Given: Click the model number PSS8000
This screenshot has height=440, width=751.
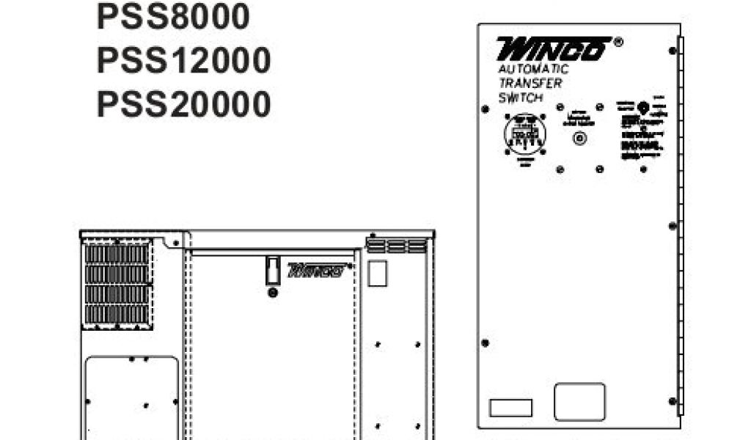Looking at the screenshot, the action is click(x=173, y=18).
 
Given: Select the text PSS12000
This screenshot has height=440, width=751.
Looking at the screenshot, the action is click(x=183, y=61).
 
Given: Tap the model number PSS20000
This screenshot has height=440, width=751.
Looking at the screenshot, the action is click(x=183, y=104).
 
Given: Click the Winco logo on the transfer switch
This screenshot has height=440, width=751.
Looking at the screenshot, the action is click(x=553, y=49).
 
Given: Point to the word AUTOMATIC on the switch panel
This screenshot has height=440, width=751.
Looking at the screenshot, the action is click(x=533, y=70).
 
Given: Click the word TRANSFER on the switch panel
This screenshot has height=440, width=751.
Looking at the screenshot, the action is click(x=530, y=83).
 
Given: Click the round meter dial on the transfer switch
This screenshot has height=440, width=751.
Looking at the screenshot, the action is click(x=526, y=133).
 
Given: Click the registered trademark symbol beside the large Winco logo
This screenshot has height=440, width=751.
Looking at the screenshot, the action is click(x=618, y=43).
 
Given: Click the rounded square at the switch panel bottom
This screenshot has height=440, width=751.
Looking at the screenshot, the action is click(x=579, y=402).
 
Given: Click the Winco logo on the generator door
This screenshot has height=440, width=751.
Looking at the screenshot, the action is click(x=316, y=270).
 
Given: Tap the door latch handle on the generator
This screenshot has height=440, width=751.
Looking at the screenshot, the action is click(x=272, y=269).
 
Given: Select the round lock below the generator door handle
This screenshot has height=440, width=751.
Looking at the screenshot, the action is click(x=273, y=293).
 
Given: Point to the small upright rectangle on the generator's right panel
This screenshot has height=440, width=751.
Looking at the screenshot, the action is click(x=377, y=273).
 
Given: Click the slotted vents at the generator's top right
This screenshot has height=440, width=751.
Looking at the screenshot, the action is click(x=395, y=244).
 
